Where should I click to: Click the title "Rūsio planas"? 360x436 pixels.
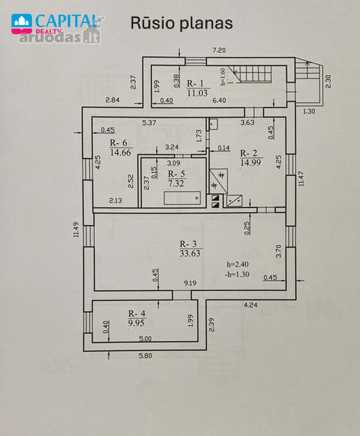tap(181, 23)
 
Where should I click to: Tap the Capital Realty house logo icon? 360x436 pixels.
tap(21, 24)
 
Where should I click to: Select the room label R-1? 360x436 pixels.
tap(195, 83)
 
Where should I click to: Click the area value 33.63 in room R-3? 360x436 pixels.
tap(190, 253)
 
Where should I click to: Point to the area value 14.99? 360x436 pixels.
tap(250, 162)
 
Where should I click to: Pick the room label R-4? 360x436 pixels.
tap(137, 313)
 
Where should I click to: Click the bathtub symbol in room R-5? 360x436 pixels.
tap(182, 198)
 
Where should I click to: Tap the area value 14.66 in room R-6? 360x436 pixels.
tap(121, 153)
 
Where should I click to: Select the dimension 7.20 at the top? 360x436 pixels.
tap(219, 50)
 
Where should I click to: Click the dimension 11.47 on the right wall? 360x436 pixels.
tap(302, 178)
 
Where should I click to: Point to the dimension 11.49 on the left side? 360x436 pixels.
tap(76, 230)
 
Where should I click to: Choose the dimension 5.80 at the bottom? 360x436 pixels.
tap(145, 356)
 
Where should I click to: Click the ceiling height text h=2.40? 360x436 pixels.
tap(237, 264)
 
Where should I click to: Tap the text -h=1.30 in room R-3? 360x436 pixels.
tap(237, 275)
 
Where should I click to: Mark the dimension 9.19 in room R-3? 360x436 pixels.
tap(190, 283)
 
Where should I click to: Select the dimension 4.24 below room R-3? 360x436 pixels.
tap(250, 305)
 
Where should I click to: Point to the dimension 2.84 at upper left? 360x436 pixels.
tap(112, 100)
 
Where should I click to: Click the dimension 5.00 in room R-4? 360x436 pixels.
tap(145, 339)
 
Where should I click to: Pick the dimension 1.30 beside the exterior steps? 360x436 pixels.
tap(309, 111)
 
